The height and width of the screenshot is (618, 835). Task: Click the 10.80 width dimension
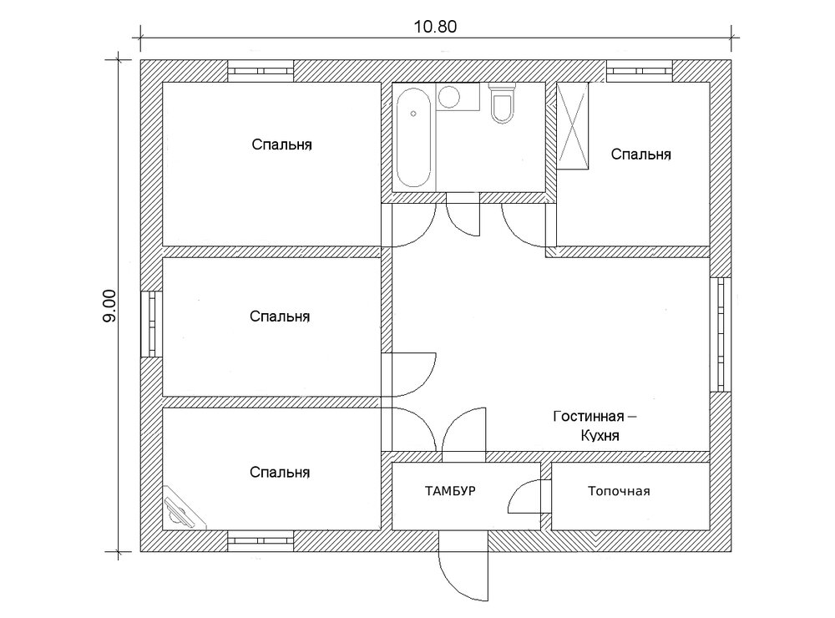click(435, 27)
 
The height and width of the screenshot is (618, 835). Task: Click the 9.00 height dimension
click(109, 306)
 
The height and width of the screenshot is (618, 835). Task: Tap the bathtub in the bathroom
click(414, 138)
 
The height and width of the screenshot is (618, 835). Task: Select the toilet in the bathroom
click(502, 104)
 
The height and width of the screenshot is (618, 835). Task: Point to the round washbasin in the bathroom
click(449, 97)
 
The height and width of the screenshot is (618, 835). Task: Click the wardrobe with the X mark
click(573, 126)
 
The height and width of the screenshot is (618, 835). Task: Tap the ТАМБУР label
click(450, 491)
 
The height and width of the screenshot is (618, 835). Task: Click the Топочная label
click(619, 491)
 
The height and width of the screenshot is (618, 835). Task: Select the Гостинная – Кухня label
click(595, 426)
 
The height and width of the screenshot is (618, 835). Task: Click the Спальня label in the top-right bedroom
click(640, 154)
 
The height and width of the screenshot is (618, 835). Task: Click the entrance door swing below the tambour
click(463, 573)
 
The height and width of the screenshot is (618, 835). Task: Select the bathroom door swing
click(463, 220)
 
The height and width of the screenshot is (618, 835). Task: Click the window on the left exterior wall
click(151, 323)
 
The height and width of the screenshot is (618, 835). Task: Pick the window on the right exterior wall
click(721, 335)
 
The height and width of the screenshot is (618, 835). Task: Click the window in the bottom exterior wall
click(261, 541)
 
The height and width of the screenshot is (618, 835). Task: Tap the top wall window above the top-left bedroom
click(261, 71)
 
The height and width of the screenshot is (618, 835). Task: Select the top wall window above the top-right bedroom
click(639, 71)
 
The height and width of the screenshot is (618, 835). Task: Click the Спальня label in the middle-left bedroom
click(280, 317)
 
